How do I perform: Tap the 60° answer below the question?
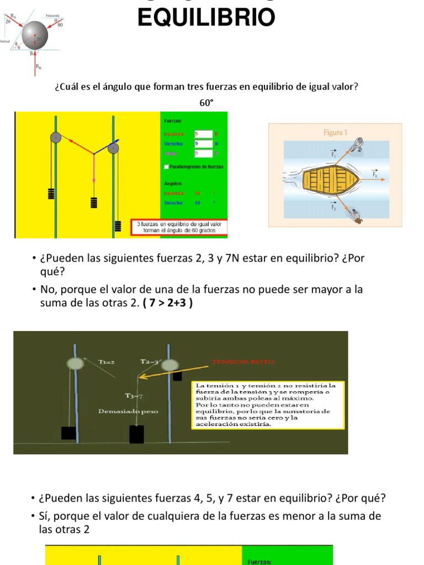tap(206, 103)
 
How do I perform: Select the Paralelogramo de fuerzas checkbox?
tap(167, 166)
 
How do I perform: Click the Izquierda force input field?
tap(203, 134)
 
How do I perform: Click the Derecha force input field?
tap(203, 143)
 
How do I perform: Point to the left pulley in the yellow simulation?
tap(55, 138)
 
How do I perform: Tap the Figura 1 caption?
tap(335, 132)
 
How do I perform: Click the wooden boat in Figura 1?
tap(330, 178)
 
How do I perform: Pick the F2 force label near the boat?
tap(333, 207)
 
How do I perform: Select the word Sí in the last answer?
tap(44, 516)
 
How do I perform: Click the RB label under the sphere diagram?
tap(38, 67)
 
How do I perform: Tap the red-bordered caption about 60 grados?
tap(178, 227)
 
